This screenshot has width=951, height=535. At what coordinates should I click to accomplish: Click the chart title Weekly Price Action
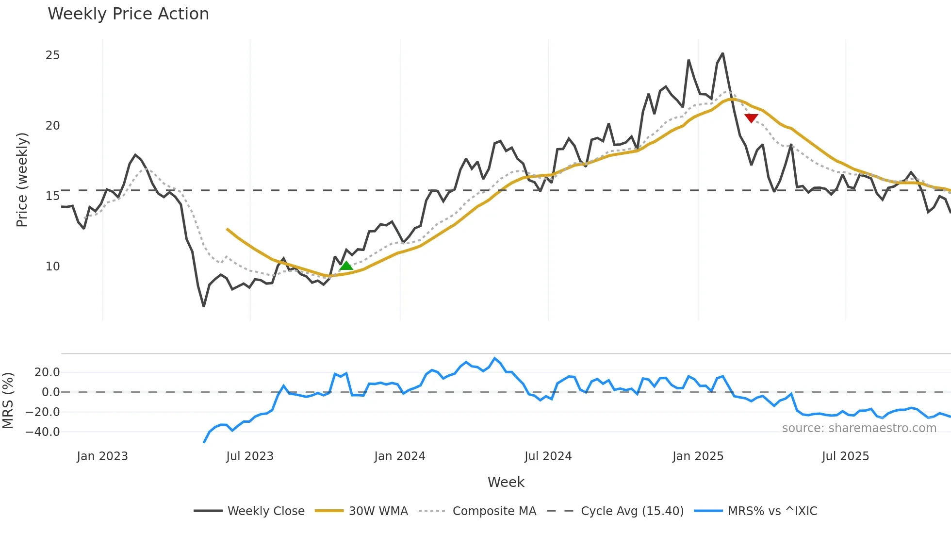click(x=128, y=14)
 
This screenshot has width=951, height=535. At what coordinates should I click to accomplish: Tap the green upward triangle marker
click(x=346, y=266)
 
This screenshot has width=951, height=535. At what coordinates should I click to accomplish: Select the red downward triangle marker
click(x=751, y=118)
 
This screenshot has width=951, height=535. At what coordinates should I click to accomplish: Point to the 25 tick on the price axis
click(x=53, y=55)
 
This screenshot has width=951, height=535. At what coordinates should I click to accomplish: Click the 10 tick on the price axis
click(x=53, y=267)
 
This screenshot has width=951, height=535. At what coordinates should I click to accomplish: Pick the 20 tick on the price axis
click(x=53, y=126)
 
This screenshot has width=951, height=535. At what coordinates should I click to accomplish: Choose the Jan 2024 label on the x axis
click(x=399, y=456)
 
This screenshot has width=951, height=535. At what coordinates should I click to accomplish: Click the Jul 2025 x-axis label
click(x=845, y=456)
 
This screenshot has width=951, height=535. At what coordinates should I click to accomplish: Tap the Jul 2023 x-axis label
click(x=250, y=456)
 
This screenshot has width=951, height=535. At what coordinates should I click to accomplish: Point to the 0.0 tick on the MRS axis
click(x=50, y=392)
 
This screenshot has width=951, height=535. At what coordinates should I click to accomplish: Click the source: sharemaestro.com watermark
click(x=859, y=428)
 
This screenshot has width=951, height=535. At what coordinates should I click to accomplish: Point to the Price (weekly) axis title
click(x=22, y=180)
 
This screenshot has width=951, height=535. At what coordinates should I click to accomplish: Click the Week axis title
click(x=506, y=482)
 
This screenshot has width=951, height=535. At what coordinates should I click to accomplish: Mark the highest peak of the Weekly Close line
click(x=722, y=54)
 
